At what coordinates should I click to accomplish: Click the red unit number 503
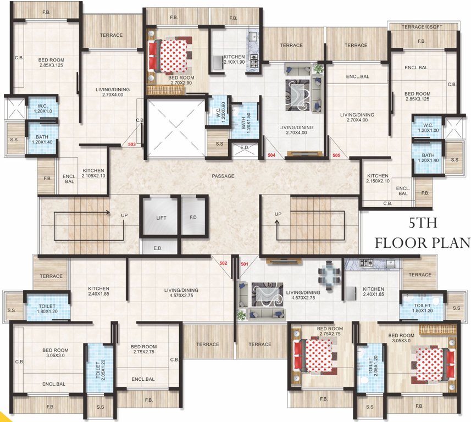(131, 145)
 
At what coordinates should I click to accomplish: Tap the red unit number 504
(271, 156)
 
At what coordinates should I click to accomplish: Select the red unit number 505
(336, 156)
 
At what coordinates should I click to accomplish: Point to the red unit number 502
(224, 263)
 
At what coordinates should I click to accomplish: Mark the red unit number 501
(245, 263)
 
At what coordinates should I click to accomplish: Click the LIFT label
(161, 218)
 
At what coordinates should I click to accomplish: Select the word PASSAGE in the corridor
(223, 176)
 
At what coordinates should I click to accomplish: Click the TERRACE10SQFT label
(422, 26)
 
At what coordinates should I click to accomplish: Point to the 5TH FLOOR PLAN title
(422, 233)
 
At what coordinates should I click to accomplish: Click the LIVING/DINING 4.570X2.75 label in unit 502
(181, 293)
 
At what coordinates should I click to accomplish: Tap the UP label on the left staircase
(124, 215)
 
